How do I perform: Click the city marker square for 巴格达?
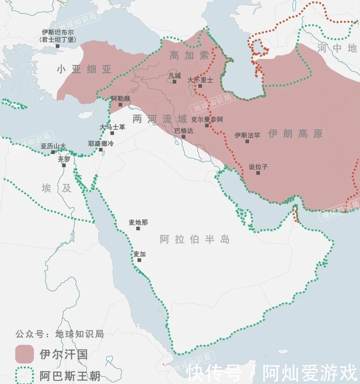click(x=183, y=137)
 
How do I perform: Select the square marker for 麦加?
click(x=139, y=260)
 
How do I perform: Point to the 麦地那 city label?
click(x=138, y=223)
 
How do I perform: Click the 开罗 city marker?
click(x=64, y=165)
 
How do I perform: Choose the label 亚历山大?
click(x=53, y=146)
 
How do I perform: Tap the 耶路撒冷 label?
click(x=101, y=144)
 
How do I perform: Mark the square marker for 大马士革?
click(x=112, y=133)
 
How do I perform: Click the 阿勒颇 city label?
click(x=121, y=99)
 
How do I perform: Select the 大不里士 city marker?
click(x=200, y=86)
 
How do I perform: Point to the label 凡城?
click(x=175, y=76)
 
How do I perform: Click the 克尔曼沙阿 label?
click(x=207, y=119)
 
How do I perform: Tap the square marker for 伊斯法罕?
click(x=247, y=141)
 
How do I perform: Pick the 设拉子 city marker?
click(x=258, y=173)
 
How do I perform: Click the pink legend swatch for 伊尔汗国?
click(x=24, y=354)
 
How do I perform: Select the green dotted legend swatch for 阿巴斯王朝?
click(x=24, y=375)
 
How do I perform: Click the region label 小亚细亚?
click(x=84, y=69)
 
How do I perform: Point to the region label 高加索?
click(x=189, y=55)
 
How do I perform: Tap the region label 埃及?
click(x=56, y=188)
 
